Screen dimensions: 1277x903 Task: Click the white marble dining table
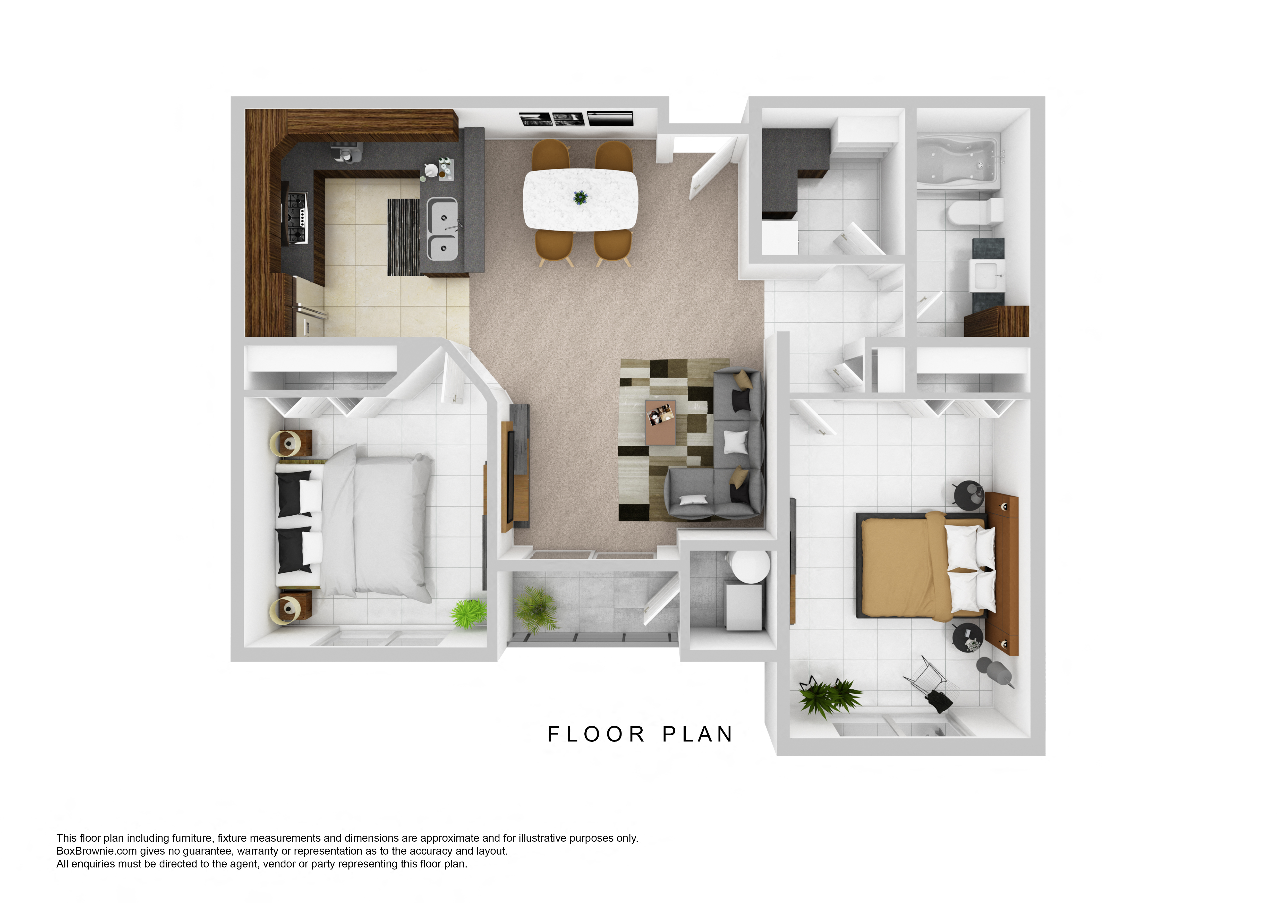(580, 199)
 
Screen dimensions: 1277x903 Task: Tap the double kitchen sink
(443, 229)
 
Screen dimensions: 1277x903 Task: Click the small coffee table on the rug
(661, 422)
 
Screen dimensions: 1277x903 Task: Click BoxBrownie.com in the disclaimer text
(97, 851)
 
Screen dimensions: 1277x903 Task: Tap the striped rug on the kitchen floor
(403, 237)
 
